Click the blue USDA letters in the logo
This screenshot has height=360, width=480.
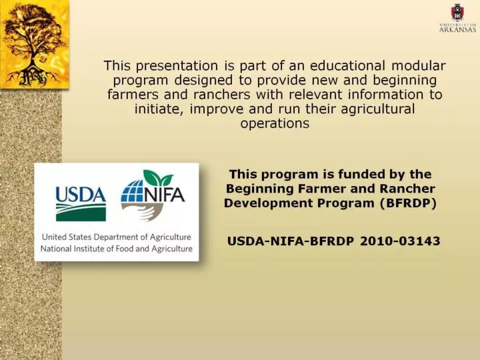click(81, 195)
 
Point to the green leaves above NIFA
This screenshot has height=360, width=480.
click(158, 178)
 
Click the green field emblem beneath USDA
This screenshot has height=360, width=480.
click(81, 213)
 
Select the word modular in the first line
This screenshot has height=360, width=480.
click(418, 65)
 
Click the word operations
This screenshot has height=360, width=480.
click(275, 124)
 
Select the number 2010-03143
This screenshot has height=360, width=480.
click(400, 241)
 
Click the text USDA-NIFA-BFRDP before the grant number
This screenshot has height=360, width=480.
click(291, 241)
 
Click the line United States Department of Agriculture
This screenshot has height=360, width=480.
click(116, 237)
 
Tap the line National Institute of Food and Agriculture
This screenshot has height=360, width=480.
click(116, 249)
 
